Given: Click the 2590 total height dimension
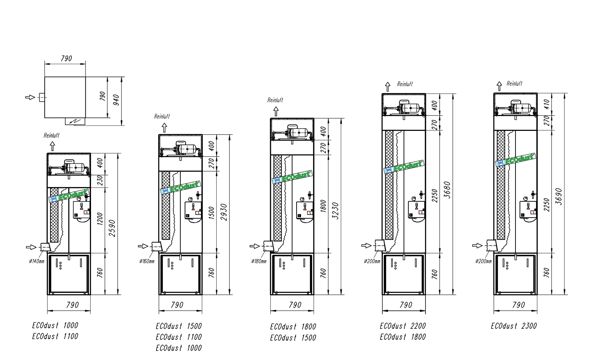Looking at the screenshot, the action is point(112,229).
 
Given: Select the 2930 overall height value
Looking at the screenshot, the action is point(224,212).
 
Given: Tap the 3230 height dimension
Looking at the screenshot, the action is point(336,211).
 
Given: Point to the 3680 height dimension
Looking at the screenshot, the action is point(447,190).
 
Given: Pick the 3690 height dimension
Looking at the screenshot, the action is point(559,197).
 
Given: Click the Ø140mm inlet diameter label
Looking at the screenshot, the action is point(37,261).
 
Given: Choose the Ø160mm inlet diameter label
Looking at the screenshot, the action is point(147,261).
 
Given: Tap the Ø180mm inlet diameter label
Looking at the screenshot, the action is point(259,261).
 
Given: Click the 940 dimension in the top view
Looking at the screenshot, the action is point(116,100).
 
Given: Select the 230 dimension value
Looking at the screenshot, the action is point(100,180).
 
